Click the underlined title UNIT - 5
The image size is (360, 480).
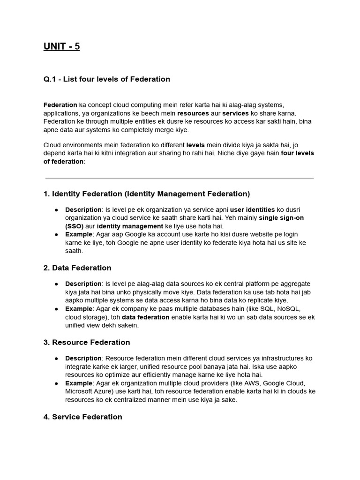pyautogui.click(x=61, y=46)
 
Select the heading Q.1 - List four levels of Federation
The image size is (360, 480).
pyautogui.click(x=106, y=79)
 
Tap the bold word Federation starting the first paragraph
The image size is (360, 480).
pyautogui.click(x=60, y=105)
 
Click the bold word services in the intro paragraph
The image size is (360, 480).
pyautogui.click(x=235, y=113)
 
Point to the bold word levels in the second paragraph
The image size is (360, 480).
pyautogui.click(x=195, y=145)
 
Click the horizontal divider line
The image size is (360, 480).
pyautogui.click(x=180, y=178)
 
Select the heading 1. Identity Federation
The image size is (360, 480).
pyautogui.click(x=146, y=194)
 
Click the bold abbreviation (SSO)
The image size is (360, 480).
pyautogui.click(x=74, y=226)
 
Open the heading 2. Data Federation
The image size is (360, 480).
pyautogui.click(x=77, y=268)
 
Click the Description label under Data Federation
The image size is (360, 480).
pyautogui.click(x=83, y=284)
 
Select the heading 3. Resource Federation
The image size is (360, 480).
pyautogui.click(x=87, y=342)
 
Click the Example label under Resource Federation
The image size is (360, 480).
pyautogui.click(x=79, y=383)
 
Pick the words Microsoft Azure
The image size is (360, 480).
pyautogui.click(x=86, y=392)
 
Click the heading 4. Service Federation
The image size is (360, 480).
pyautogui.click(x=82, y=417)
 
